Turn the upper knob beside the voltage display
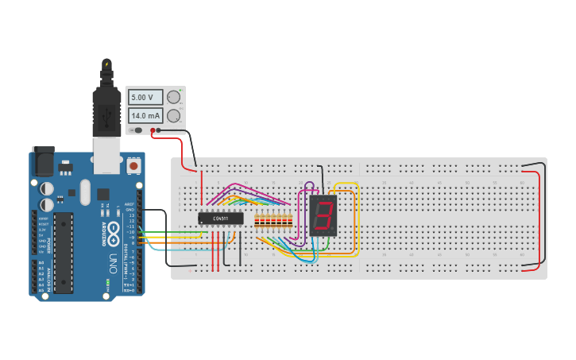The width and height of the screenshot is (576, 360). (173, 97)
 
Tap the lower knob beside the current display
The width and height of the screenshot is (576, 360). (173, 115)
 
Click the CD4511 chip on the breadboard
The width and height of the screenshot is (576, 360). (220, 219)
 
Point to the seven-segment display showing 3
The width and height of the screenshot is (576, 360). (323, 215)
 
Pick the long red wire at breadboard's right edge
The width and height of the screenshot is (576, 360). (539, 219)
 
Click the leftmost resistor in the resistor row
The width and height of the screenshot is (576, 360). (257, 222)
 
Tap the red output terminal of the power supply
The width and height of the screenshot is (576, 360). (153, 130)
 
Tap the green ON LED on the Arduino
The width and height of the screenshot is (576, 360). (107, 282)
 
